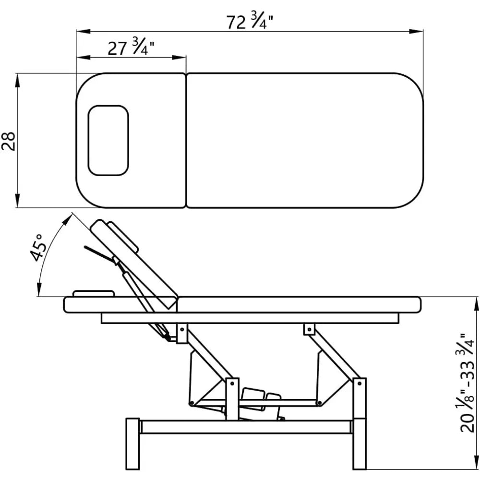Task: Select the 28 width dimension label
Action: [x=9, y=141]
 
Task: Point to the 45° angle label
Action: [x=39, y=247]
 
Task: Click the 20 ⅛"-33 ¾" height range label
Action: [x=467, y=383]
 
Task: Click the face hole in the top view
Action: [x=108, y=141]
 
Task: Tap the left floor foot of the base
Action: [x=132, y=444]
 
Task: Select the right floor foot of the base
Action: [x=360, y=444]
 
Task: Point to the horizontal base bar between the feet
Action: [x=246, y=427]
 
